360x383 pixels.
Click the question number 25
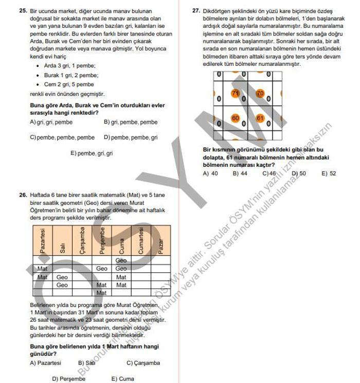(23, 10)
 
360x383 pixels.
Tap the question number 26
(23, 196)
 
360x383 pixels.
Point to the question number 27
(196, 10)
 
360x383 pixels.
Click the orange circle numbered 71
(236, 94)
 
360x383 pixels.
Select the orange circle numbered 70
(260, 94)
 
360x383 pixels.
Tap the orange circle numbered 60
(236, 118)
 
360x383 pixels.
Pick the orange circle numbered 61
(260, 118)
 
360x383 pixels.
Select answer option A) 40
(210, 173)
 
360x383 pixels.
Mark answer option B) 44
(240, 173)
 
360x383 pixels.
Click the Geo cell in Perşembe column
(102, 269)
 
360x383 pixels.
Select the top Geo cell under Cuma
(121, 260)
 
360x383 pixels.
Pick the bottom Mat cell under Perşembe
(102, 293)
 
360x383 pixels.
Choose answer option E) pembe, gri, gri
(91, 153)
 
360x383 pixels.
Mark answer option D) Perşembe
(68, 379)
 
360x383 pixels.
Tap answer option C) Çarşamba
(143, 363)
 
